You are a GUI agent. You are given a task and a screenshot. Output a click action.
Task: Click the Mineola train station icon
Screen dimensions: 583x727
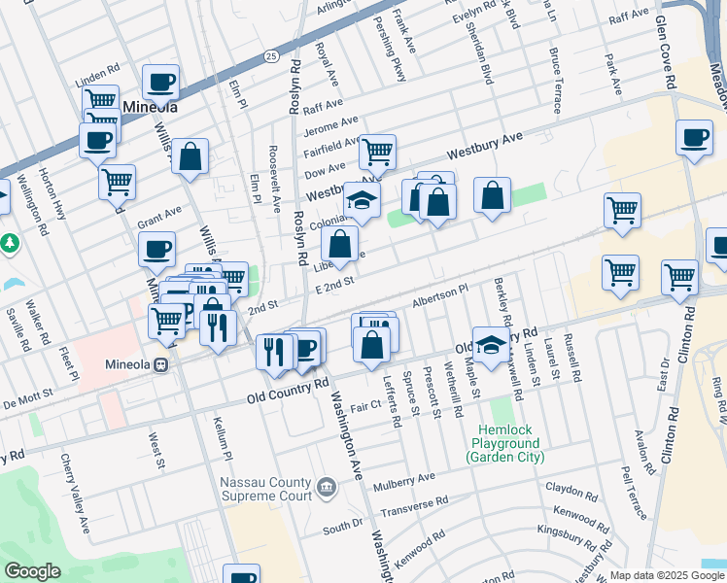[x=163, y=366]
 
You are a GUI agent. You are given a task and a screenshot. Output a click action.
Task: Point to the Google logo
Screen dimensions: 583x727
[x=32, y=571]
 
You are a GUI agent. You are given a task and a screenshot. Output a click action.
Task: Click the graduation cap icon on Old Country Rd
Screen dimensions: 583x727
[x=492, y=344]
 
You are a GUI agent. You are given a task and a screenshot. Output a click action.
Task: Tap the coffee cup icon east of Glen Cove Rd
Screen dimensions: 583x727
[x=694, y=138]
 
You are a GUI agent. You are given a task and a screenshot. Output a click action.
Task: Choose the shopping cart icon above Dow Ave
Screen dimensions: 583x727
[x=377, y=152]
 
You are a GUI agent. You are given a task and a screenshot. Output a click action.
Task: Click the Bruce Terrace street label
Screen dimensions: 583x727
[x=556, y=80]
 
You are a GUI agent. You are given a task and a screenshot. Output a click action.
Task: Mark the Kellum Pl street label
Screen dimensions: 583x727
[x=222, y=437]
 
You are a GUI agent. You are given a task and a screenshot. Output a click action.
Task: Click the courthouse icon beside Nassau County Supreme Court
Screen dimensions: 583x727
[x=326, y=485]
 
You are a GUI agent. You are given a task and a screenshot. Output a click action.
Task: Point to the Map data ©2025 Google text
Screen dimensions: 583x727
[x=667, y=575]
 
